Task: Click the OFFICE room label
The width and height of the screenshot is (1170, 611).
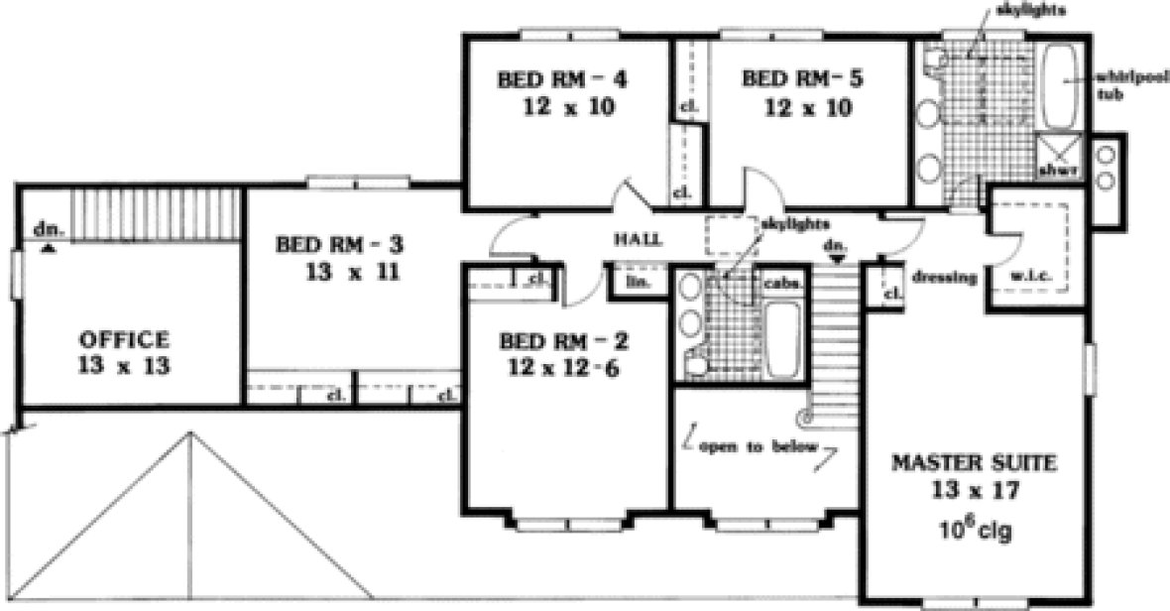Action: click(124, 339)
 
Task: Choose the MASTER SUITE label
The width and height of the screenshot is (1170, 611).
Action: click(975, 462)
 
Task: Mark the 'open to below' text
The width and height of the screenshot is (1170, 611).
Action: click(759, 447)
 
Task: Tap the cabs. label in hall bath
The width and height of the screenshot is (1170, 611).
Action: click(781, 282)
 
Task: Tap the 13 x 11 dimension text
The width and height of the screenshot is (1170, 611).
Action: click(340, 271)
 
